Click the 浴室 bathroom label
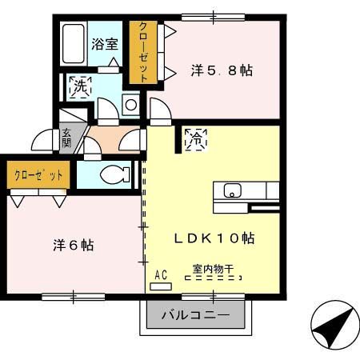point(104,45)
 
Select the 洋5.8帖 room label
point(222,70)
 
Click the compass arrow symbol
point(330,327)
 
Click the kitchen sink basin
point(232,192)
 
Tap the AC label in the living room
point(160,275)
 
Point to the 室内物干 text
point(212,270)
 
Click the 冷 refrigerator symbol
point(195,138)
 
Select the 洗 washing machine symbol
point(81,85)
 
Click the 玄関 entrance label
point(66,138)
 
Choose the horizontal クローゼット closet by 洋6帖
point(38,174)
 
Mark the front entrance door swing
point(43,142)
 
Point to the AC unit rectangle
point(160,286)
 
